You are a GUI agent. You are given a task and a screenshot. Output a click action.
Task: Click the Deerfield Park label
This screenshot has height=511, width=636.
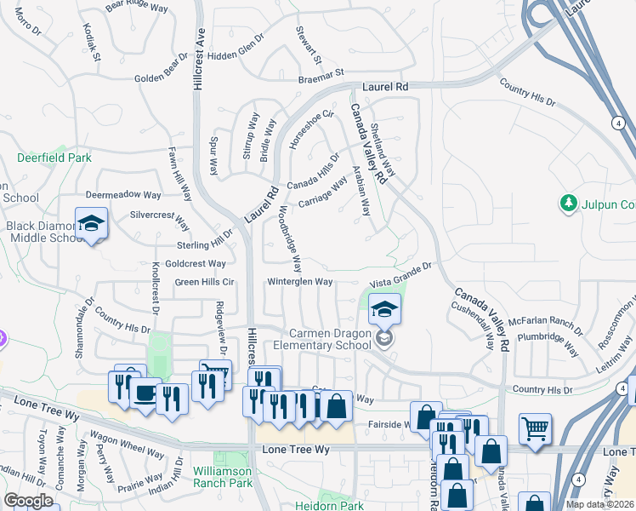54,158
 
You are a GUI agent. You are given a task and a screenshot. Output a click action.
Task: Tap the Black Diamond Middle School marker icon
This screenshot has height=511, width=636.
91,223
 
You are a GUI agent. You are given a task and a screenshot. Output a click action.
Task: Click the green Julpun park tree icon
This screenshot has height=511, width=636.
567,204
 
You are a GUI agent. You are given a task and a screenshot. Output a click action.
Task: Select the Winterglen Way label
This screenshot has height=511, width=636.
300,281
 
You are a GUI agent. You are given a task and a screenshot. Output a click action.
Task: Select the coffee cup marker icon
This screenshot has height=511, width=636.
146,393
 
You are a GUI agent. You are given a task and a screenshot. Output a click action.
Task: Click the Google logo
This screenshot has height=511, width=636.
28,501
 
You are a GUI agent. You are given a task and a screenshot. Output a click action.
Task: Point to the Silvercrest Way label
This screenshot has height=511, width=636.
160,218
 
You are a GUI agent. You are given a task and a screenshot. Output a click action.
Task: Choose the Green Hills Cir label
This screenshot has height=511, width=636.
204,282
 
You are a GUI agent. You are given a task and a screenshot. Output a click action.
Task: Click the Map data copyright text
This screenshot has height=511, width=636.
601,504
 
